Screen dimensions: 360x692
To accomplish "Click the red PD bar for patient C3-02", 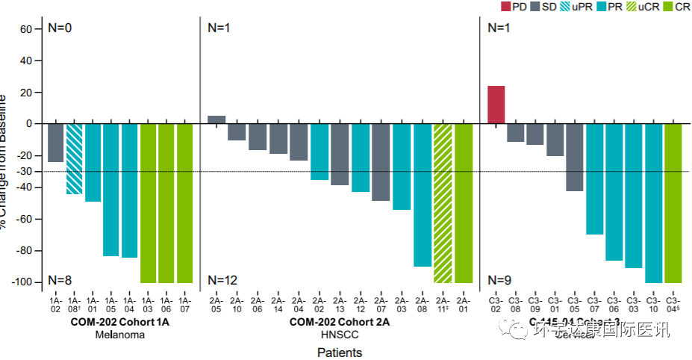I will pos(496,105).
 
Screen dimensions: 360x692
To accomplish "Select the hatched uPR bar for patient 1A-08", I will pos(74,159).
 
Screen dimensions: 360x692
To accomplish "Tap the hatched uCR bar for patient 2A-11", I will pos(443,203).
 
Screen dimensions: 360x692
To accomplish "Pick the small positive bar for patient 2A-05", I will pos(216,120).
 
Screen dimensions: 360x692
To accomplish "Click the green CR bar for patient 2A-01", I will pos(464,203).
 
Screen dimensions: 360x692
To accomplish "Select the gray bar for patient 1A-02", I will pos(55,143).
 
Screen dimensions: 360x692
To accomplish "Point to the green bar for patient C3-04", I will pos(673,203).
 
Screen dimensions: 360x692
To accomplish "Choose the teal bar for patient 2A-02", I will pos(319,152).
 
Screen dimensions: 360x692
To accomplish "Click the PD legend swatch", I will pos(505,7).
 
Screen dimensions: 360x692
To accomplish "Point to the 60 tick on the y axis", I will pos(26,29).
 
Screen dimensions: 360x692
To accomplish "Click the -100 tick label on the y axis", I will pos(22,282).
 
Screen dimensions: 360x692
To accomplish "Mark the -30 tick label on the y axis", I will pos(24,171).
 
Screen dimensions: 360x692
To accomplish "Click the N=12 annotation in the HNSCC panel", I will pos(222,280).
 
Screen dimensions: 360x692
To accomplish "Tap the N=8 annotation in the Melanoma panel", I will pos(60,280).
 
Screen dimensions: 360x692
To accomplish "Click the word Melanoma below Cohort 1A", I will pos(119,335).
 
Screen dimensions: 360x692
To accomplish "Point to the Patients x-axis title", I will pos(340,352).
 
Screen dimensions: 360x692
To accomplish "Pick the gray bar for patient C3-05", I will pos(574,158).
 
